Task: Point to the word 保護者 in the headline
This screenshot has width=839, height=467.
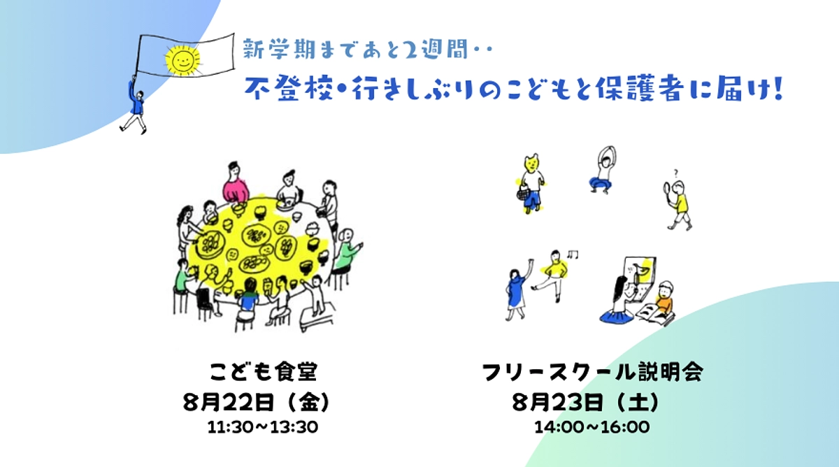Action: point(648,91)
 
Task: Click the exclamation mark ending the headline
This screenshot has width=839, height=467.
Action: point(775,91)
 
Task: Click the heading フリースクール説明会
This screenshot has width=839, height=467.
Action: point(593,371)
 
